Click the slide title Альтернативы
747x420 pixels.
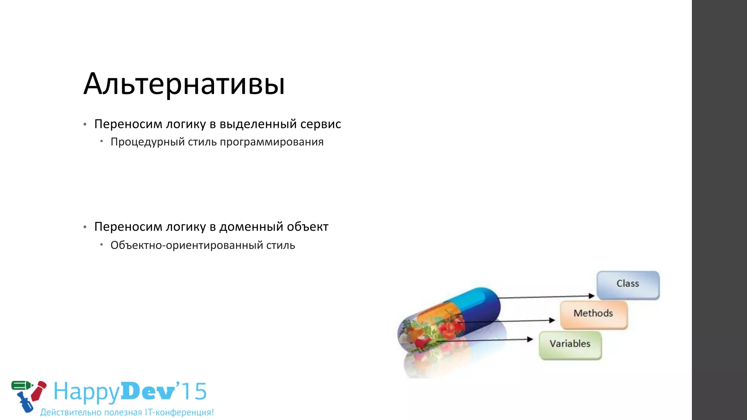point(184,84)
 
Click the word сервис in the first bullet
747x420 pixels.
point(321,124)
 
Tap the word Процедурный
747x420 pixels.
point(147,142)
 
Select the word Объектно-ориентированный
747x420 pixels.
point(186,245)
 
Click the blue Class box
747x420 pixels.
point(628,284)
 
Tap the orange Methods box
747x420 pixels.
point(593,314)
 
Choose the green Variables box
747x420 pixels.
point(570,344)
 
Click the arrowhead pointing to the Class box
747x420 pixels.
point(592,296)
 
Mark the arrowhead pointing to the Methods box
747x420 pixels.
point(552,320)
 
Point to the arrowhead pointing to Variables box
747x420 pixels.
point(530,339)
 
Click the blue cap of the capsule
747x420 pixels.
point(481,306)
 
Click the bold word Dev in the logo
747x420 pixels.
point(148,392)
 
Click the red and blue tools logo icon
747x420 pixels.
point(28,395)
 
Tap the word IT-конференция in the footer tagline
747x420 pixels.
point(179,412)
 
